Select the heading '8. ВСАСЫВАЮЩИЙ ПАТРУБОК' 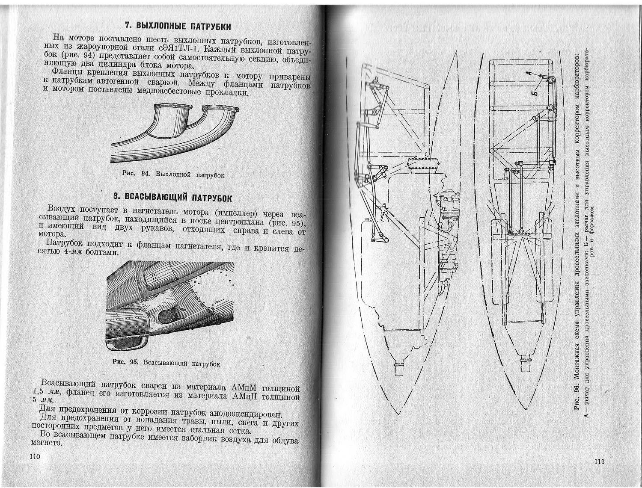point(172,197)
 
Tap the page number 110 point(35,456)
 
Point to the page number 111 point(599,461)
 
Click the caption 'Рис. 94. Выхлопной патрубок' point(173,174)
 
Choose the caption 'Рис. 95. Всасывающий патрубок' point(166,363)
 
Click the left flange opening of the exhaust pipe point(173,107)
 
